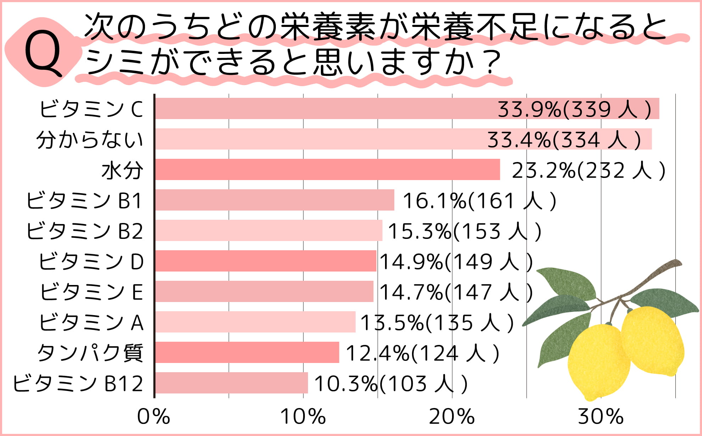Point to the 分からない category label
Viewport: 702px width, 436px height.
pyautogui.click(x=90, y=139)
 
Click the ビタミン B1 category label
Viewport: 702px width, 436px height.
pyautogui.click(x=84, y=200)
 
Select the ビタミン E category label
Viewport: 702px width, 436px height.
pyautogui.click(x=91, y=292)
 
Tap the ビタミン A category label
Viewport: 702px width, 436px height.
pyautogui.click(x=91, y=322)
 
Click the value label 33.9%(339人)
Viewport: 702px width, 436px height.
pyautogui.click(x=574, y=109)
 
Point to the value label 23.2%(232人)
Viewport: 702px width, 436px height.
pyautogui.click(x=589, y=170)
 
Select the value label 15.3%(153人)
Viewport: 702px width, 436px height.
pyautogui.click(x=464, y=231)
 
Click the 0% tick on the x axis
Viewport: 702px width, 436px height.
pyautogui.click(x=154, y=416)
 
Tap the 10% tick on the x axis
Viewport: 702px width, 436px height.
pyautogui.click(x=303, y=416)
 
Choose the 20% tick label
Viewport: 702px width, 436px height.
pyautogui.click(x=452, y=416)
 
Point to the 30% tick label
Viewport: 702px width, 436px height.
pyautogui.click(x=601, y=416)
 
